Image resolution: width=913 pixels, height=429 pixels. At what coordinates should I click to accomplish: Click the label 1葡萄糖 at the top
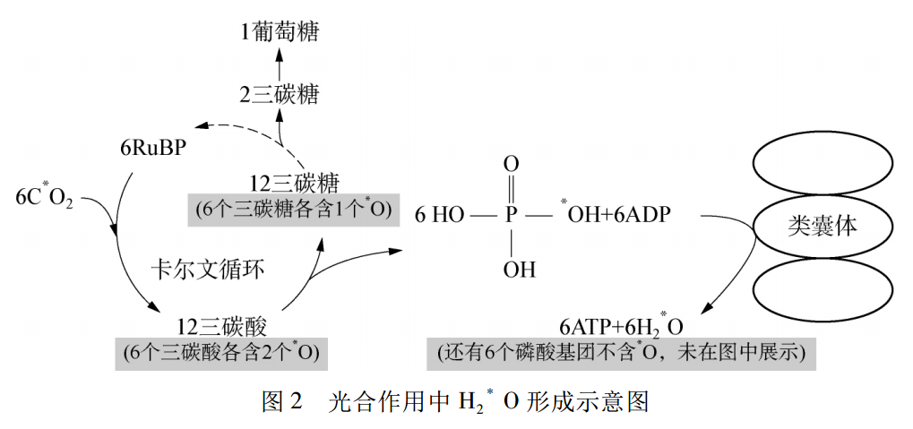[280, 33]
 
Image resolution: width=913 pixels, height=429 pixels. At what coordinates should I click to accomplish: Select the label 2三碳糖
[280, 94]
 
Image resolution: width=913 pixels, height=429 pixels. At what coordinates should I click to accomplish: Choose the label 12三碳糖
[294, 184]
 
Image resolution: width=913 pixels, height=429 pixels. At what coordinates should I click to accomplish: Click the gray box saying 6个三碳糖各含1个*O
[293, 210]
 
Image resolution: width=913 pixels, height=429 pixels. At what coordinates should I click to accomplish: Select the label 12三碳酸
[221, 326]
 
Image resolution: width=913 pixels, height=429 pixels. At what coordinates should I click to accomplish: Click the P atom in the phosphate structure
[511, 216]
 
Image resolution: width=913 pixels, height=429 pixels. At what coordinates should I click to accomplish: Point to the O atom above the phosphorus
[511, 164]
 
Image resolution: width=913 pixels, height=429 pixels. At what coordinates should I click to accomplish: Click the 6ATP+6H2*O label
[621, 326]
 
